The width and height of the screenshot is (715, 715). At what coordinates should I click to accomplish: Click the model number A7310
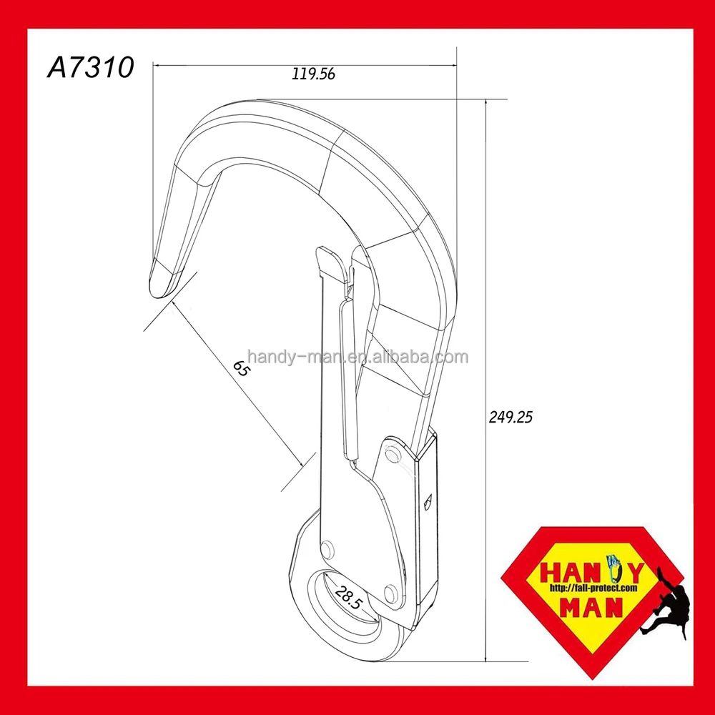coord(91,68)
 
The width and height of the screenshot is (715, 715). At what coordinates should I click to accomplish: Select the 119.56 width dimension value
coord(313,73)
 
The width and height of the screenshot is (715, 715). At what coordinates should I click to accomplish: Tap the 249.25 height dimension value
coord(511,418)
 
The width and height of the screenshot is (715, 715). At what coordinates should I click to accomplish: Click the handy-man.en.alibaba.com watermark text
coord(357,357)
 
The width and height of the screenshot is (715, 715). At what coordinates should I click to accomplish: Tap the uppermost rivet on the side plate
coord(391,454)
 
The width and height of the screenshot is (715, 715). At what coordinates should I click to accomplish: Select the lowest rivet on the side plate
coord(390,593)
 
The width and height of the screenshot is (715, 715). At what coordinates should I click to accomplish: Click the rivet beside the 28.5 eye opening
coord(327,550)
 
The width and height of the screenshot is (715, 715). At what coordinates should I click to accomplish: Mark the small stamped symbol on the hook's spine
coord(428,501)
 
